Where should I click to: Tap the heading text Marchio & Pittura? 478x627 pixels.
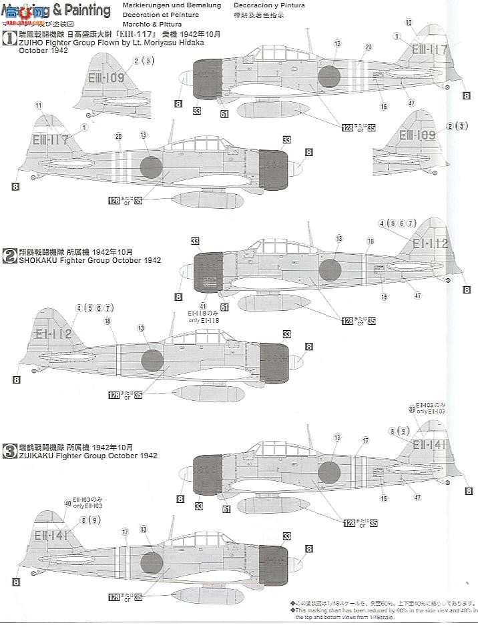143,27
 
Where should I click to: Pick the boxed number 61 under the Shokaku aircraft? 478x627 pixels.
224,307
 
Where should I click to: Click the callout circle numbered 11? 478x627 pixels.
39,105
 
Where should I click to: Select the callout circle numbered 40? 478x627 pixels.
67,504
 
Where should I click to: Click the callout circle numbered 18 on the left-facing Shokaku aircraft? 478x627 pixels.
107,320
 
